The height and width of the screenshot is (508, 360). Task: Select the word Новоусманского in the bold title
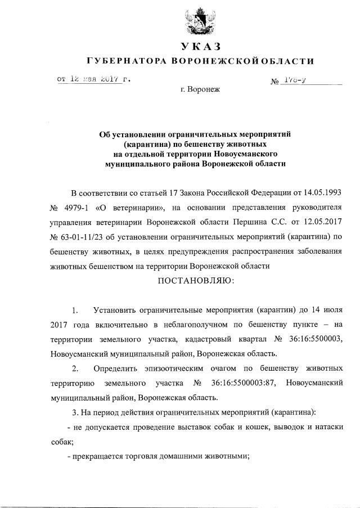[245, 154]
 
